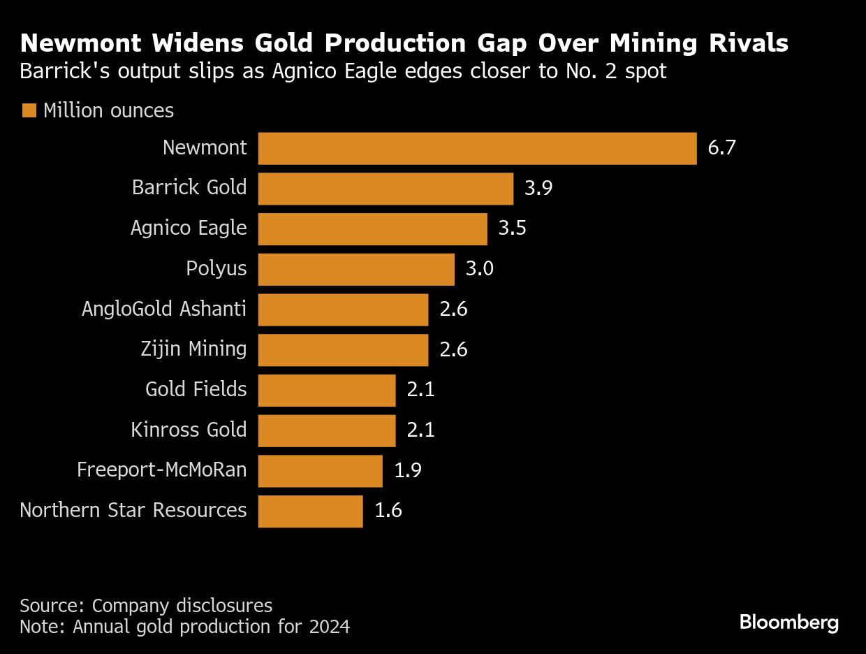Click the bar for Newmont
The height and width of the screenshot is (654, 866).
click(x=477, y=148)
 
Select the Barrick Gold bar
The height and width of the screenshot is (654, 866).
click(x=386, y=189)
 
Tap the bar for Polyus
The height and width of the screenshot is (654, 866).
click(x=356, y=270)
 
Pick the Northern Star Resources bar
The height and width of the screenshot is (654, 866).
click(x=310, y=511)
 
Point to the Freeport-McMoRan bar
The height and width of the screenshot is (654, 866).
click(x=320, y=471)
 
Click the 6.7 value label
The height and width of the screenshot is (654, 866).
click(x=722, y=148)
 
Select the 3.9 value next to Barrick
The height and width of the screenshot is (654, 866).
click(x=538, y=189)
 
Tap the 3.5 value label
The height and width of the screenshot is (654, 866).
click(x=512, y=229)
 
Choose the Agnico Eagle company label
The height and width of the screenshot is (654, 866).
click(x=189, y=228)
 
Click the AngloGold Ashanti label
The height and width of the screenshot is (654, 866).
click(x=164, y=309)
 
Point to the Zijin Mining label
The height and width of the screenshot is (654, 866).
click(x=193, y=349)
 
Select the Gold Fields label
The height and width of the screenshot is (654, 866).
click(x=196, y=389)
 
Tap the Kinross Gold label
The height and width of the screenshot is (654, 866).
click(x=189, y=430)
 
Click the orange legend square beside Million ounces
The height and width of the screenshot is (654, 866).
click(x=29, y=110)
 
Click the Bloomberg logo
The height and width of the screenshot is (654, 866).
click(x=789, y=622)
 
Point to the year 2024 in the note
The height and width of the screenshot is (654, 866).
click(x=330, y=627)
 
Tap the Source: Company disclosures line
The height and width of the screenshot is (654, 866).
click(x=146, y=605)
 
